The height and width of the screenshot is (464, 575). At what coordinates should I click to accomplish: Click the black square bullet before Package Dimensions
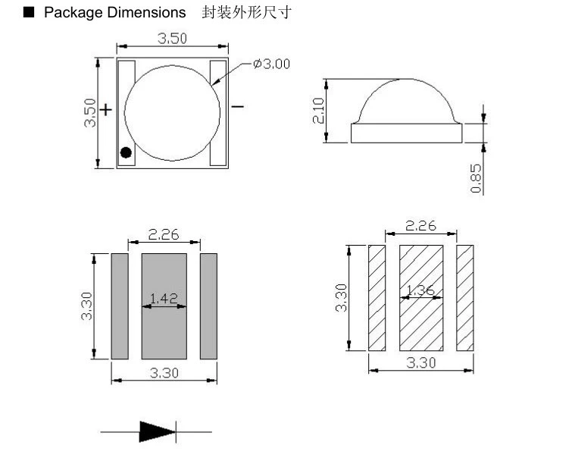(x=29, y=12)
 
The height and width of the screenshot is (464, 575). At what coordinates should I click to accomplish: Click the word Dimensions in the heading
(x=146, y=12)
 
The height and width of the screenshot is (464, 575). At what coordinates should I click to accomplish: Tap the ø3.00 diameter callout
(x=271, y=64)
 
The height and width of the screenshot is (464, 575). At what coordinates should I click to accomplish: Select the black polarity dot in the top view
(x=126, y=152)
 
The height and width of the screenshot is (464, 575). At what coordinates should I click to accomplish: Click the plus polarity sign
(x=106, y=109)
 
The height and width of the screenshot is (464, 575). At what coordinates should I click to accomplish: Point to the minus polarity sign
(x=238, y=107)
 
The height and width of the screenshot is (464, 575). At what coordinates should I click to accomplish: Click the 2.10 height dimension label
(x=318, y=111)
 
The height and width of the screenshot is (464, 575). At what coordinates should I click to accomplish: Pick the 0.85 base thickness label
(x=476, y=178)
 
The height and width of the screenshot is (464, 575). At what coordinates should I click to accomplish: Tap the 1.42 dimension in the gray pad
(x=164, y=298)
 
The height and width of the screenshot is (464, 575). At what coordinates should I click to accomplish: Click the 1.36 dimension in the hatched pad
(x=420, y=290)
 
